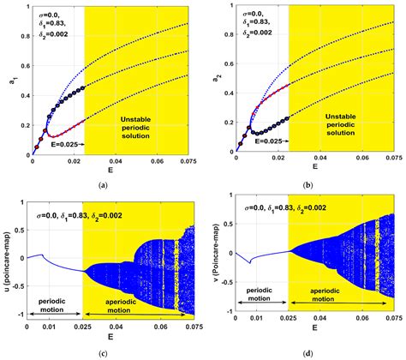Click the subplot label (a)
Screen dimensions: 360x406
[x=103, y=185]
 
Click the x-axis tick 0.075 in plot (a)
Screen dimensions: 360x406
[x=190, y=159]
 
